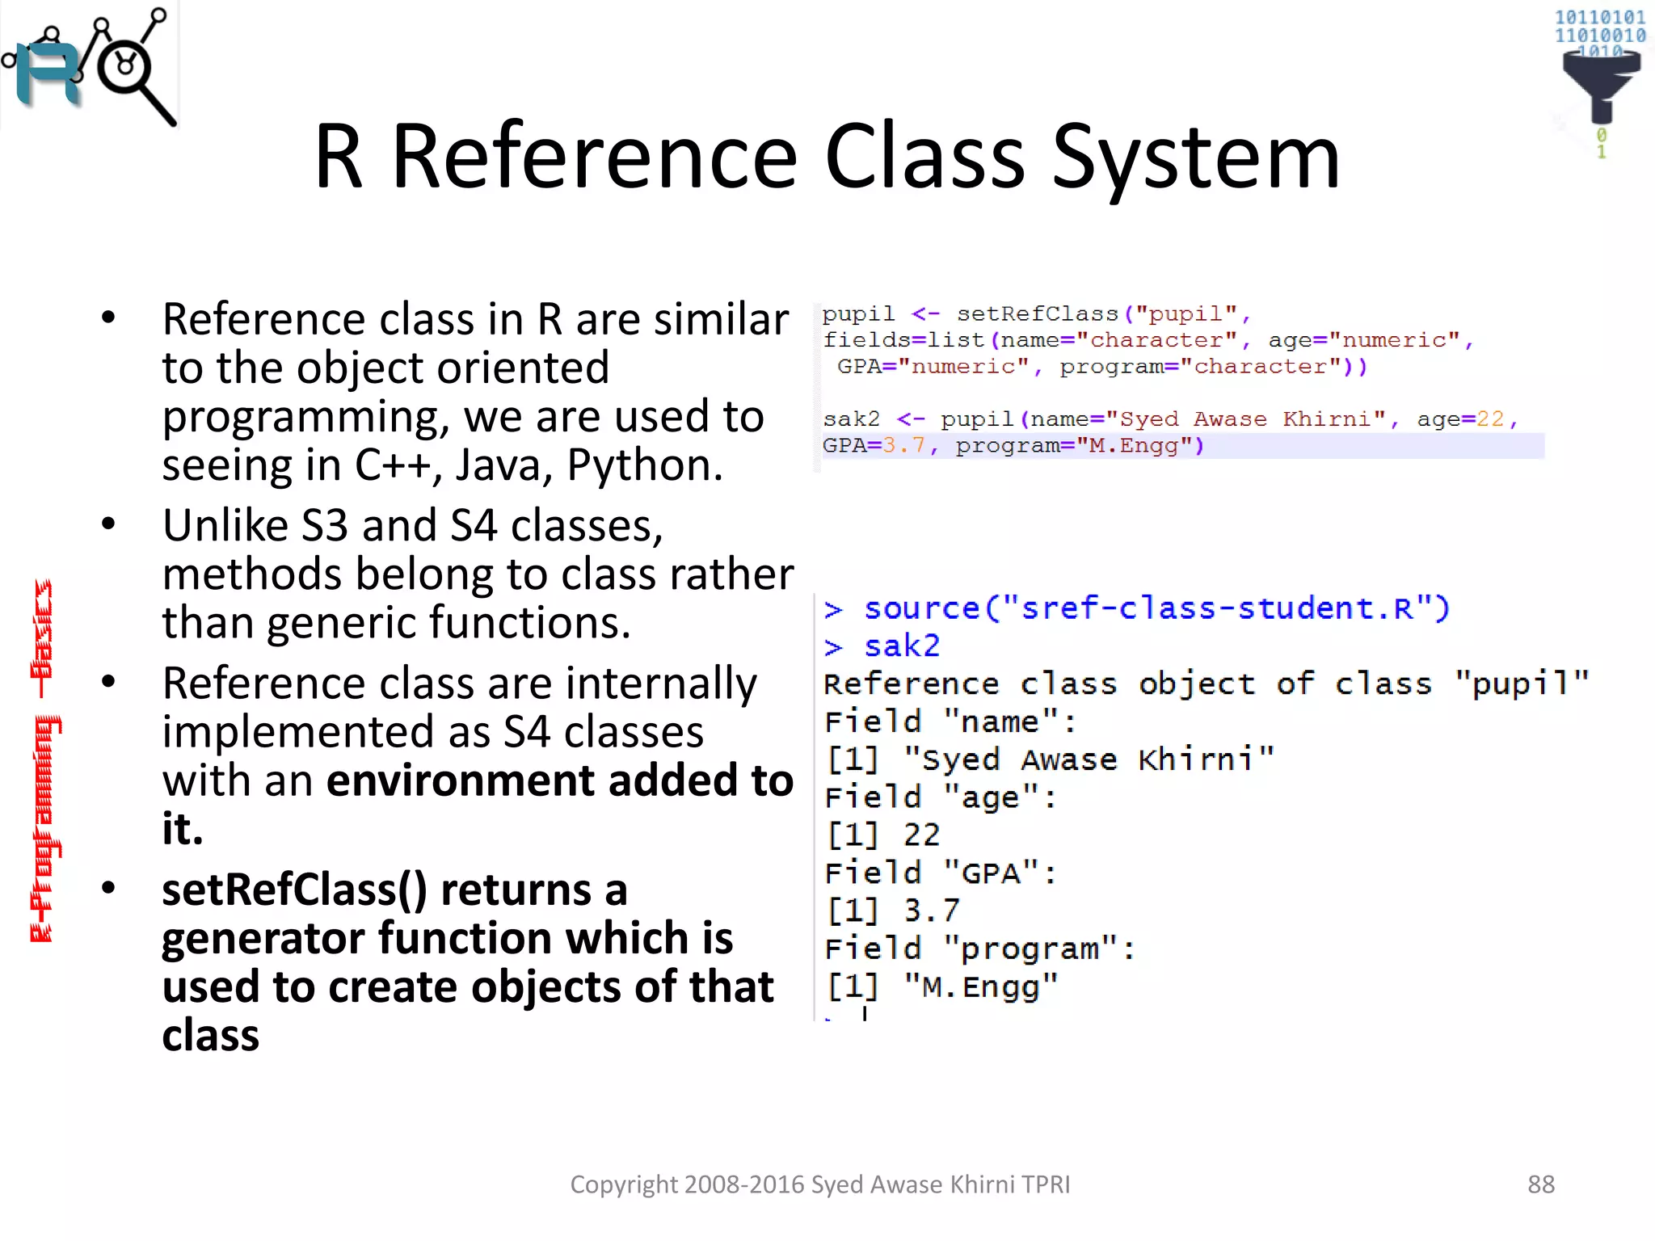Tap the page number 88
click(x=1540, y=1184)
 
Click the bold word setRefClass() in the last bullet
click(x=294, y=890)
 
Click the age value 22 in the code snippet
click(x=1489, y=419)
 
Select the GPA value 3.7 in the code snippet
click(x=903, y=446)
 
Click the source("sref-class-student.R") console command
click(x=1156, y=608)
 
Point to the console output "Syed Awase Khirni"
click(x=1089, y=759)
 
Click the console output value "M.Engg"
click(x=980, y=986)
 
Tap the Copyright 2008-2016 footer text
click(x=819, y=1184)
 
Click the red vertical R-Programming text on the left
click(x=44, y=759)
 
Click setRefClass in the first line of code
click(x=1037, y=314)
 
